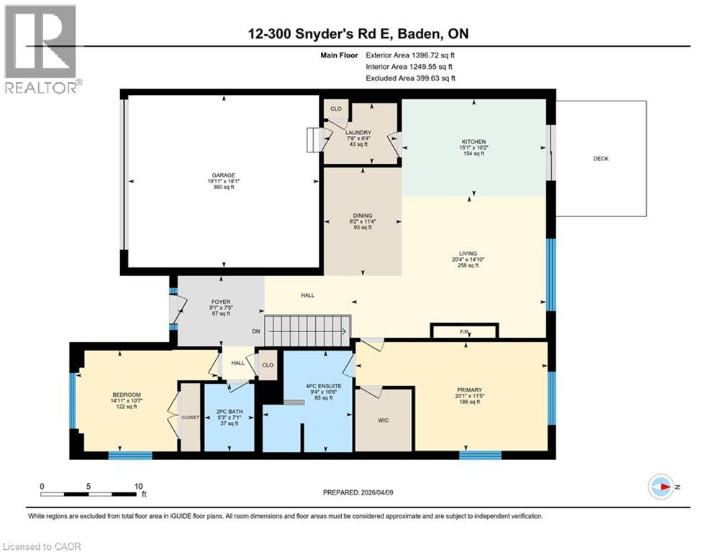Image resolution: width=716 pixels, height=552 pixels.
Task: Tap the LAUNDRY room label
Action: tap(358, 132)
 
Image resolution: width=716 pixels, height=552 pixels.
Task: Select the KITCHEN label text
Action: tap(473, 142)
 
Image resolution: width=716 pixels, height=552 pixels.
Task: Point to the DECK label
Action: tap(601, 159)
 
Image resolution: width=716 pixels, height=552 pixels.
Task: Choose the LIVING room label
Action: tap(468, 253)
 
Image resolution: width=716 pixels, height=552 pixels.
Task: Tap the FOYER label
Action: tap(221, 302)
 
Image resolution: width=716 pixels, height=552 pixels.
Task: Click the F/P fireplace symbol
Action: tap(464, 331)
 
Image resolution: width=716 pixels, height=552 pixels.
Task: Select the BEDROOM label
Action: tap(126, 395)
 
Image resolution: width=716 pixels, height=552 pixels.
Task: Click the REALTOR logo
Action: tap(41, 49)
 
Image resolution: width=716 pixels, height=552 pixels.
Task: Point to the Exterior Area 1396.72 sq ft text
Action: tap(410, 55)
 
